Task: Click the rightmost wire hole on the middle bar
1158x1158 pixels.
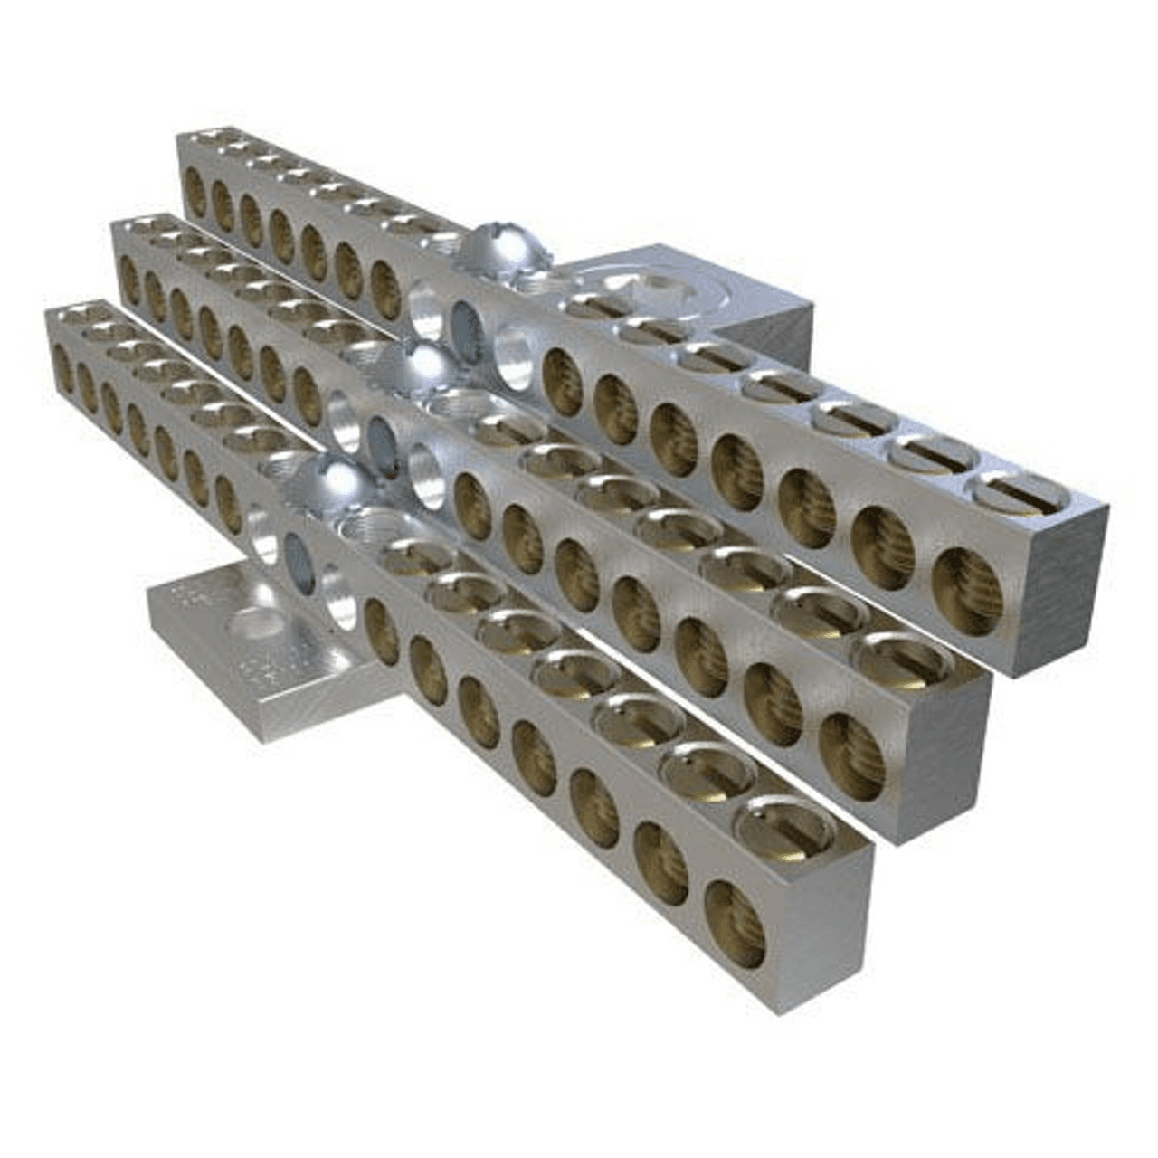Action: click(x=851, y=755)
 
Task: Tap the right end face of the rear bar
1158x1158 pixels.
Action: click(x=1058, y=588)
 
